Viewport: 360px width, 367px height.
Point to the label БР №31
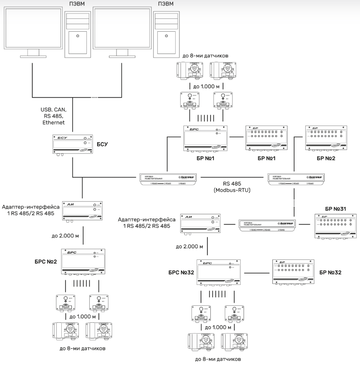pos(336,207)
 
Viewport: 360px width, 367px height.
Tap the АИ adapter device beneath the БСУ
pos(82,211)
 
